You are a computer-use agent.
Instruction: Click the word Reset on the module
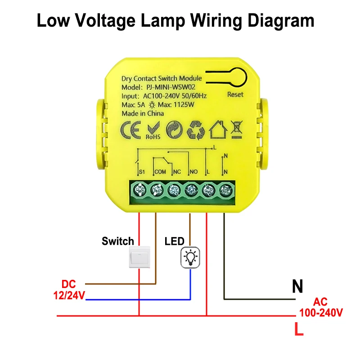235,94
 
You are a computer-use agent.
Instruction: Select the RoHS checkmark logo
151,130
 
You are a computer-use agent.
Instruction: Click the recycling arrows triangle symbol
196,130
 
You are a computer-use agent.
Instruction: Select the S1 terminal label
141,172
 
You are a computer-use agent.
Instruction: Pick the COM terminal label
160,172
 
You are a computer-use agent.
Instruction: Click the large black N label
297,286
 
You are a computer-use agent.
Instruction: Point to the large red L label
299,330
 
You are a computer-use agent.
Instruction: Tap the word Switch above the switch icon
117,241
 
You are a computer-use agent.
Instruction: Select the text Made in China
143,113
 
